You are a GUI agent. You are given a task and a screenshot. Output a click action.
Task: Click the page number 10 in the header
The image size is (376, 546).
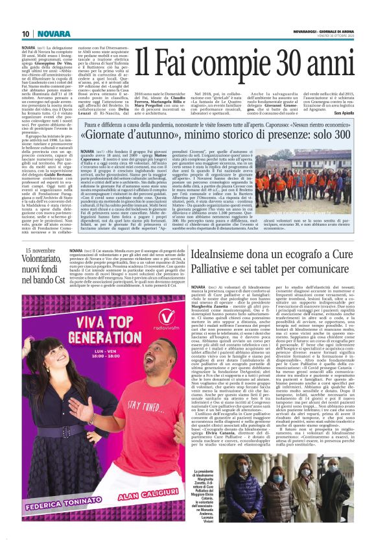pyautogui.click(x=25, y=34)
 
